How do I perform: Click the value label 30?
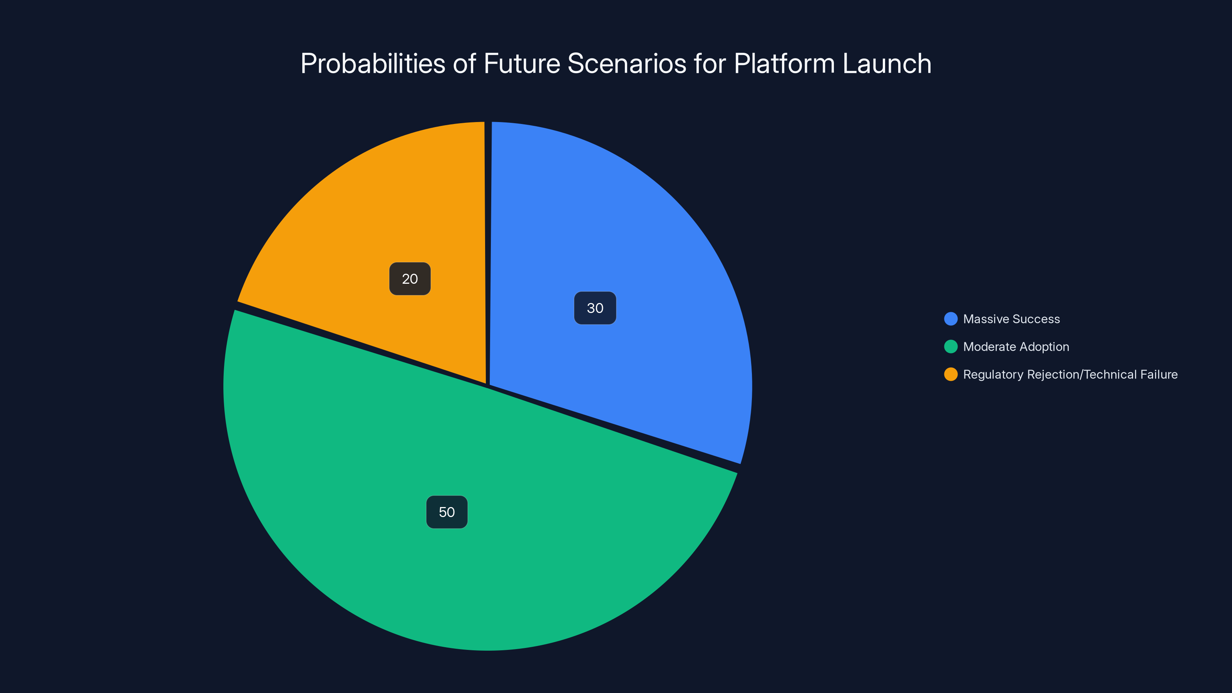tap(595, 308)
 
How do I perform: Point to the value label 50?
tap(447, 512)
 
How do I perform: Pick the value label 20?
tap(410, 279)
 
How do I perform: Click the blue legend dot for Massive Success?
tap(951, 319)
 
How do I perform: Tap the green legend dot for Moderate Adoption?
tap(951, 347)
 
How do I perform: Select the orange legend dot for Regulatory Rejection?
tap(951, 375)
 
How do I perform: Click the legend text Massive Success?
tap(1011, 319)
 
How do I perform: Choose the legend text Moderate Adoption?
tap(1016, 347)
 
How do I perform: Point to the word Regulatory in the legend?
tap(993, 375)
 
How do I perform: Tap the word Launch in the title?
tap(886, 64)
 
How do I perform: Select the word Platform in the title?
tap(784, 64)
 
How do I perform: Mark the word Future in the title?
tap(522, 64)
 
